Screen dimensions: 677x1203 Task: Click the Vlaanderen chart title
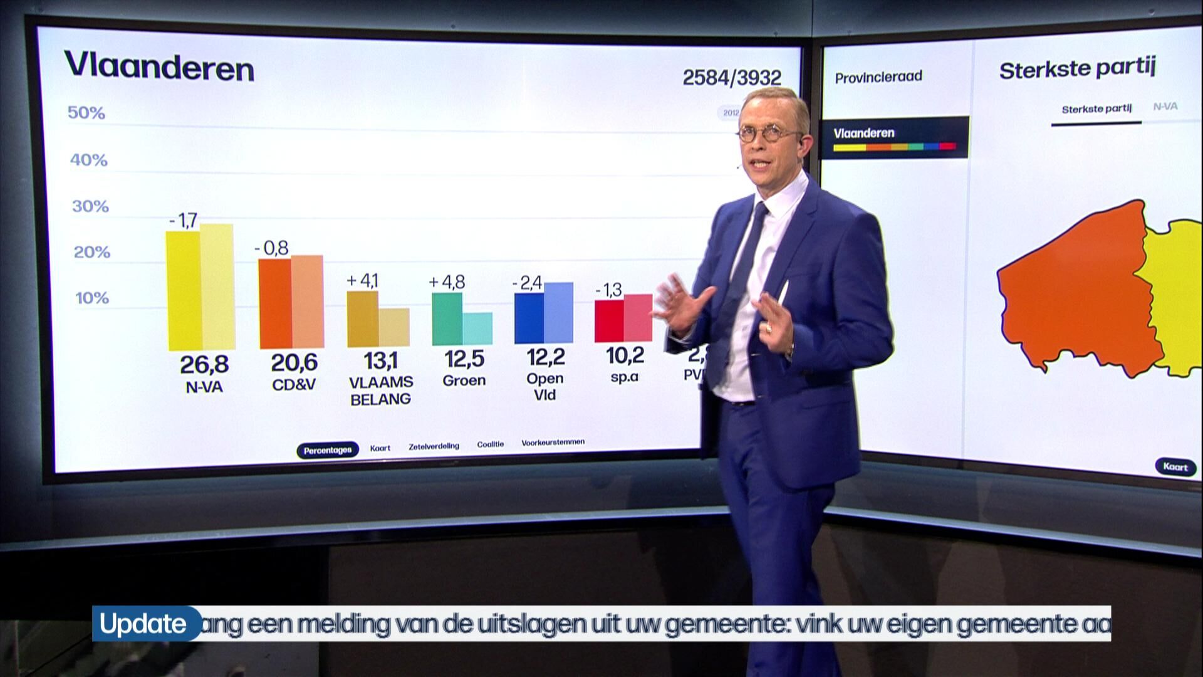159,67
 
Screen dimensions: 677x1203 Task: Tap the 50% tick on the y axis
86,113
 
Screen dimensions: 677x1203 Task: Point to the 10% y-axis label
92,298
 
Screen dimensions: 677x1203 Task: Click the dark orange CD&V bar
275,303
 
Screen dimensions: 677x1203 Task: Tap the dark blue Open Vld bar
529,318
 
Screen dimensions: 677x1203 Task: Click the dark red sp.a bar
608,321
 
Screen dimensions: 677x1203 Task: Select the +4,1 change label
363,280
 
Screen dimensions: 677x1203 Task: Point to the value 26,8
204,364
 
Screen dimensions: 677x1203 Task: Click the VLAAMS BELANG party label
381,391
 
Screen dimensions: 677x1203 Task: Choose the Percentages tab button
328,450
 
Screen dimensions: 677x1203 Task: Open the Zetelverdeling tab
434,446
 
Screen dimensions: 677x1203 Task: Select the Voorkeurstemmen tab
553,443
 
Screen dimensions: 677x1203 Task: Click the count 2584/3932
732,78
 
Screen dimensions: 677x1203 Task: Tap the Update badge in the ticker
143,624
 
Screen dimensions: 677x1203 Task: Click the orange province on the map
1075,288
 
